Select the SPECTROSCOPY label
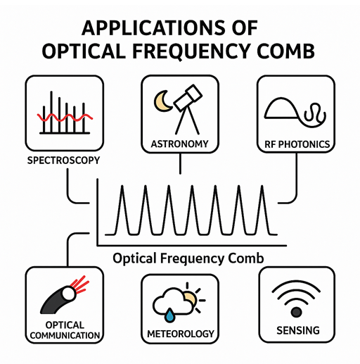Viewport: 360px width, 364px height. pos(63,161)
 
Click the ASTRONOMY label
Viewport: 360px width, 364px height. pos(180,144)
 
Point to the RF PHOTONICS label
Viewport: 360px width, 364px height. pos(297,144)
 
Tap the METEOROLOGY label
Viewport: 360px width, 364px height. pos(181,334)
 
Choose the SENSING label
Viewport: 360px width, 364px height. pos(298,330)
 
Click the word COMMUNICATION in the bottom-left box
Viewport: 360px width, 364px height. pos(65,335)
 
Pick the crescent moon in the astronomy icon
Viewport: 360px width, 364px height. pos(163,101)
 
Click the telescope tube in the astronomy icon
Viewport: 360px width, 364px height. pos(188,98)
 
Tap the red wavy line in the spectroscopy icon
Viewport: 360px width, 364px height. pos(65,117)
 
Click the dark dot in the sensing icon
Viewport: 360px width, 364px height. pos(296,312)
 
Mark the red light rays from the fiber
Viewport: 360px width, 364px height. pos(79,285)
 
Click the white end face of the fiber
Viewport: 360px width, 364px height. pos(68,294)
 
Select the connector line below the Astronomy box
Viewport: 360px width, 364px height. pos(180,163)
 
